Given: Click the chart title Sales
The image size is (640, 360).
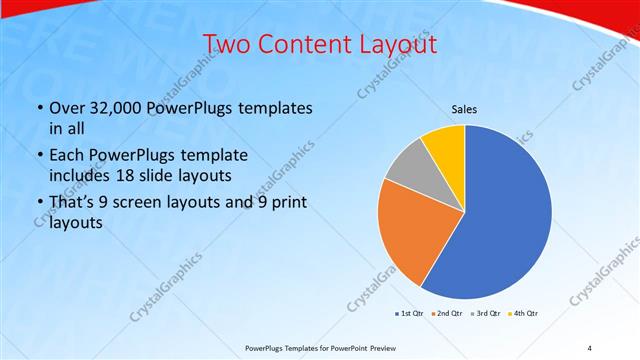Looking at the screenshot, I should [x=464, y=109].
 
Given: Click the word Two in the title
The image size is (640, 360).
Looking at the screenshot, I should [x=227, y=44].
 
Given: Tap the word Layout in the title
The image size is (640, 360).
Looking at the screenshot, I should [x=394, y=44].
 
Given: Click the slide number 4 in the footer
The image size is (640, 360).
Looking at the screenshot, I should [x=589, y=347].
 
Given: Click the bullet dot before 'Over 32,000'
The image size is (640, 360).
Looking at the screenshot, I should [x=38, y=109].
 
